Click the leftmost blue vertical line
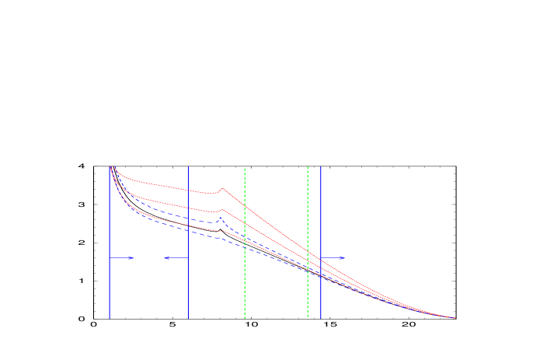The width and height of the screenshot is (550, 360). [x=110, y=241]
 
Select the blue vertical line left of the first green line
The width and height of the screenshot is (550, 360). [x=188, y=241]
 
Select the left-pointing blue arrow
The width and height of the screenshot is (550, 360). [x=176, y=257]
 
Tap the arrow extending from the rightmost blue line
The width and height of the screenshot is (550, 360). [x=333, y=257]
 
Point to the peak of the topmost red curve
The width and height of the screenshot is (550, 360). [x=222, y=187]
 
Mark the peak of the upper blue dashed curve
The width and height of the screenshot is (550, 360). [x=220, y=218]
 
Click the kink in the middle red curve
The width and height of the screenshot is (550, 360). [x=221, y=207]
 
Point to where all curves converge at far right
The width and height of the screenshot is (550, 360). [x=454, y=317]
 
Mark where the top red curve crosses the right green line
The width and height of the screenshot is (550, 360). [x=308, y=250]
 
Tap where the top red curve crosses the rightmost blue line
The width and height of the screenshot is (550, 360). [x=321, y=259]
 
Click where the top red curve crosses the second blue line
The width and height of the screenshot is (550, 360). [x=188, y=190]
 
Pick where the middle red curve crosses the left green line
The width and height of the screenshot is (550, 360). [x=245, y=224]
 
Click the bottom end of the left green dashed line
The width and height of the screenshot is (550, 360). [x=245, y=316]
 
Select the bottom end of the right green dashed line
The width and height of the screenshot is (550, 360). [x=308, y=316]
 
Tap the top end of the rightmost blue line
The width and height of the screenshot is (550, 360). [x=321, y=167]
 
